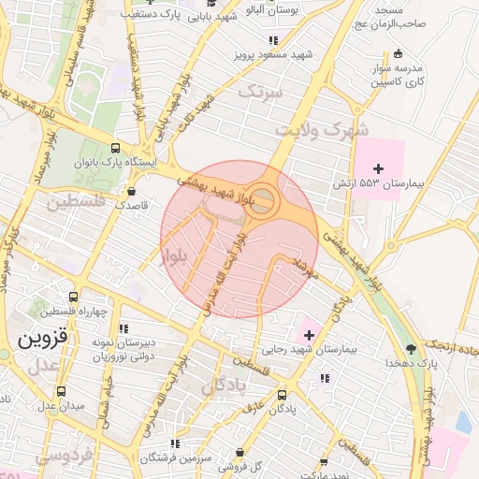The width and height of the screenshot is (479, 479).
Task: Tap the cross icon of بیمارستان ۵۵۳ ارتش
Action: (x=378, y=167)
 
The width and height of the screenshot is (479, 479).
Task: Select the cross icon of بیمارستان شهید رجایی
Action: (x=309, y=333)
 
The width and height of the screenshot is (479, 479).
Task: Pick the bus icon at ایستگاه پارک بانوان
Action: (x=115, y=148)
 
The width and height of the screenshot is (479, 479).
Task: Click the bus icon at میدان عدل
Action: (x=62, y=391)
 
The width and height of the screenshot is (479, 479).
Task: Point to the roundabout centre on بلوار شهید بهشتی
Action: (x=265, y=199)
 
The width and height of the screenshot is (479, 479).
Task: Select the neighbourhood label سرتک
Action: (x=261, y=92)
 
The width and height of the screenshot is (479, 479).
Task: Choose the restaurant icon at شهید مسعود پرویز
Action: (x=272, y=40)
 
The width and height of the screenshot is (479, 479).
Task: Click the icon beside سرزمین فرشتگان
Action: (x=173, y=443)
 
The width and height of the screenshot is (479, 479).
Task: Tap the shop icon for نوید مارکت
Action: (x=323, y=462)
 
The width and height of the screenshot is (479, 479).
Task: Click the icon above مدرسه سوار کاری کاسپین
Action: (x=399, y=52)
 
